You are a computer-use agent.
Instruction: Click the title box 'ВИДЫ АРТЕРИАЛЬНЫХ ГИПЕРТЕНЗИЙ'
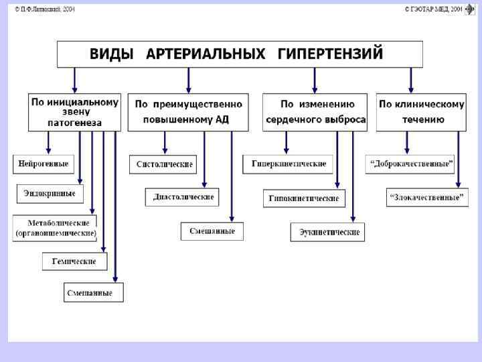[x=240, y=54]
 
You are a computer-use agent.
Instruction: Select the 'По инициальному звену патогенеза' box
[x=74, y=112]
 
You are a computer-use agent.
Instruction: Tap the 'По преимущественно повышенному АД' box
[x=187, y=112]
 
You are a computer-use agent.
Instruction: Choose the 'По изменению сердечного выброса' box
[x=315, y=112]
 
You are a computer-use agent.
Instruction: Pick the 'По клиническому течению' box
[x=421, y=112]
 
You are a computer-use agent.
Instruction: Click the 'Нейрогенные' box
[x=44, y=164]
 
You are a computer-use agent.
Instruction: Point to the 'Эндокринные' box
[x=50, y=194]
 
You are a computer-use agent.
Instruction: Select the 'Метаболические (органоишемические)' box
[x=56, y=228]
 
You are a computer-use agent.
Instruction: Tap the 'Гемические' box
[x=74, y=261]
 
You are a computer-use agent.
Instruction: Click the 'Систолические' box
[x=164, y=164]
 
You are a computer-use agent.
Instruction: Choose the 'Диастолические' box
[x=183, y=197]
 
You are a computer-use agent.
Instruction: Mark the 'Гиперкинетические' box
[x=289, y=164]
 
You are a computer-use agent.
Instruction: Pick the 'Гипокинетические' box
[x=303, y=198]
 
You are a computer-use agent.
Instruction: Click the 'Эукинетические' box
[x=328, y=232]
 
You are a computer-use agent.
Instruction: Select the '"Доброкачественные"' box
[x=410, y=164]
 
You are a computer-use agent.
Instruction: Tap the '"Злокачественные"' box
[x=426, y=197]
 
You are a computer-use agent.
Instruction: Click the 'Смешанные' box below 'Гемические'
[x=94, y=293]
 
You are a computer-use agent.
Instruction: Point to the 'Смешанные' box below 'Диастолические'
[x=212, y=231]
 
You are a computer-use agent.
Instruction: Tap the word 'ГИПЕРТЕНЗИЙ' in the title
[x=330, y=54]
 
